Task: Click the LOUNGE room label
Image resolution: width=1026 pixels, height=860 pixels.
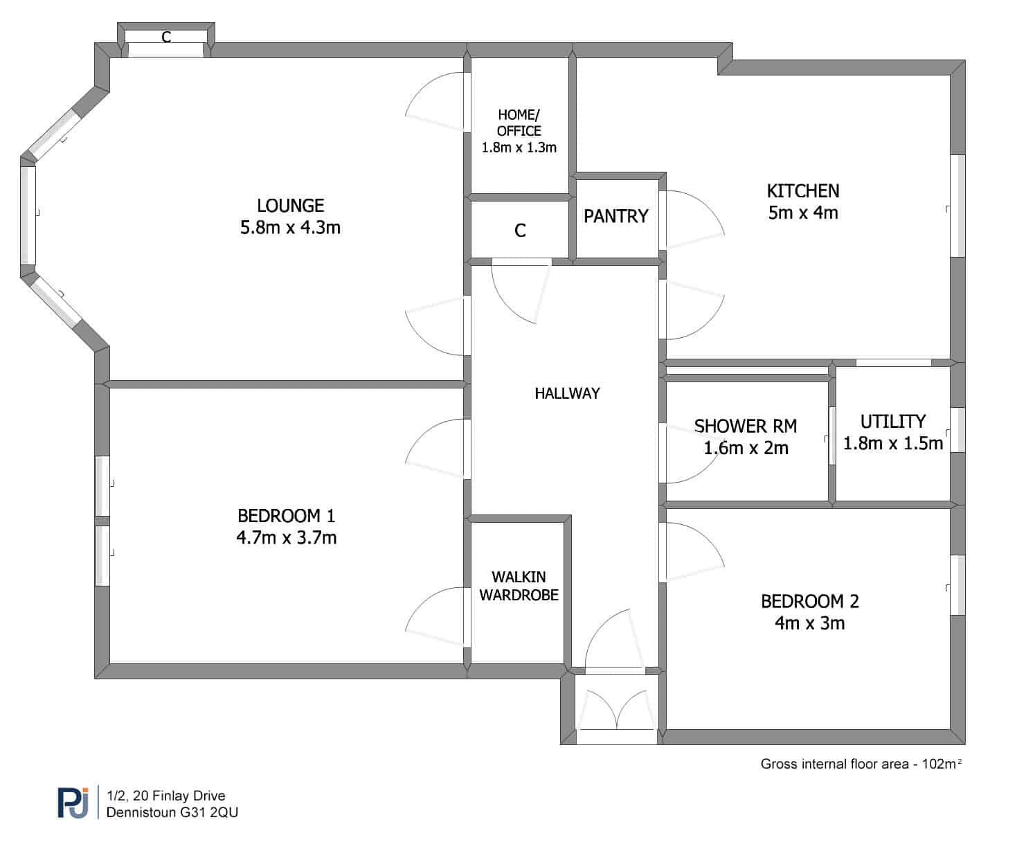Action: [290, 206]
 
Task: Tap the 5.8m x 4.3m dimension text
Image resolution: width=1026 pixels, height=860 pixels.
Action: [290, 228]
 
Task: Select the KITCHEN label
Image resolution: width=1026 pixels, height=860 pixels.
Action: [803, 190]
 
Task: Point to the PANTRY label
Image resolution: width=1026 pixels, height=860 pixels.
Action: [615, 216]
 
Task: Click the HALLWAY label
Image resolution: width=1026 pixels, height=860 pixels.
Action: [567, 393]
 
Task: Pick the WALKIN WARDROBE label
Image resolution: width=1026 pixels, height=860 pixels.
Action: [519, 586]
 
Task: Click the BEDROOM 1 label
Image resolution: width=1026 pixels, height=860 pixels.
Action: [287, 516]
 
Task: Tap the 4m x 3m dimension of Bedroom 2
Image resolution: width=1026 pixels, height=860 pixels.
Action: [810, 623]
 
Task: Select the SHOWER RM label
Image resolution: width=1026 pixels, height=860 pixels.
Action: [746, 426]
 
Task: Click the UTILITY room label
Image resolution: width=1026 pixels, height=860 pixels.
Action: [893, 422]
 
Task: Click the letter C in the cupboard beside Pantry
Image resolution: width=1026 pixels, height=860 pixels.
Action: [520, 231]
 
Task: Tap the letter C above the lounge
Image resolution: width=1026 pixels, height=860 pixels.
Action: [166, 37]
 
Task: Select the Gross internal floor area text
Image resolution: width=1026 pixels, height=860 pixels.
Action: [861, 764]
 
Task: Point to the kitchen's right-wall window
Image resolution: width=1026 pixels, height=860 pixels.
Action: [957, 206]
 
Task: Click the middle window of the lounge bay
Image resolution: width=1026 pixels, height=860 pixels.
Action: [28, 215]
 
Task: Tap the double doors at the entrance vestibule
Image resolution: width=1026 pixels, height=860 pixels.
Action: [617, 709]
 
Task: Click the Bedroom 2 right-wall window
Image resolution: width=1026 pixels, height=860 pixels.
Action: [957, 585]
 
